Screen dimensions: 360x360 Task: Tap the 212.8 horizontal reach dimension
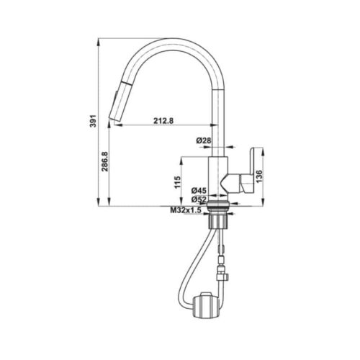[163, 120]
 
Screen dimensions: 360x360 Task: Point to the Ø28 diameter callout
[204, 141]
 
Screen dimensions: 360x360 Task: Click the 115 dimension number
[178, 184]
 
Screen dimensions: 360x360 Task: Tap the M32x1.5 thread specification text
[186, 210]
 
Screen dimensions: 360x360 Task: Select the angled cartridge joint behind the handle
[233, 181]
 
